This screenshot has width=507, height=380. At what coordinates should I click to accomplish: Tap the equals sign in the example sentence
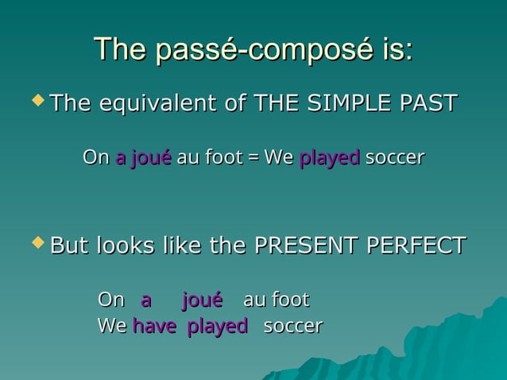(252, 158)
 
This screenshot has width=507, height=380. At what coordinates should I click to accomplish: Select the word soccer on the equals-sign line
(394, 158)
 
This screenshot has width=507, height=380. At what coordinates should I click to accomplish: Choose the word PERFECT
(420, 246)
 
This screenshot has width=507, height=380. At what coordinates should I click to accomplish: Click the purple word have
(154, 326)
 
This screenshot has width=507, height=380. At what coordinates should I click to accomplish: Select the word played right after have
(218, 326)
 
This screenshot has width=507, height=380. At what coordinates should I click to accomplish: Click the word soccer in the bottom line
(292, 326)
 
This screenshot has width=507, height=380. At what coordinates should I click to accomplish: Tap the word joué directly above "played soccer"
(202, 301)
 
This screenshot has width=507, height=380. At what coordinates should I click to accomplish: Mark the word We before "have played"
(110, 326)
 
